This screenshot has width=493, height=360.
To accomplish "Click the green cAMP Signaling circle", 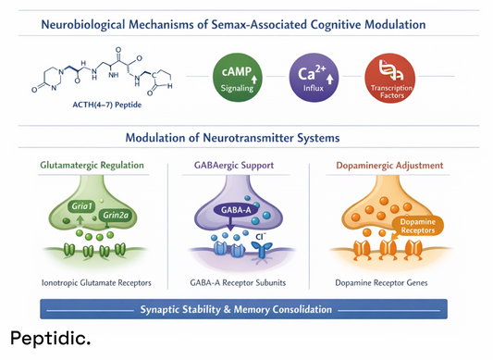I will pyautogui.click(x=236, y=78).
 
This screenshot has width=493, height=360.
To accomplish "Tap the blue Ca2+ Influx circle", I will pyautogui.click(x=313, y=78).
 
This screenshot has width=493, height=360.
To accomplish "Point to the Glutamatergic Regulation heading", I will pyautogui.click(x=92, y=166).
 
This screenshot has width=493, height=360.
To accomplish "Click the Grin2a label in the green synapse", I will pyautogui.click(x=115, y=216).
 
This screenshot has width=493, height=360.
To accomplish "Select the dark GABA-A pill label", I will pyautogui.click(x=236, y=210).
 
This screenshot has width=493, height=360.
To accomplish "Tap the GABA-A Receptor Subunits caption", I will pyautogui.click(x=244, y=280).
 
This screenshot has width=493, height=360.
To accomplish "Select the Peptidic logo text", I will pyautogui.click(x=52, y=340).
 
